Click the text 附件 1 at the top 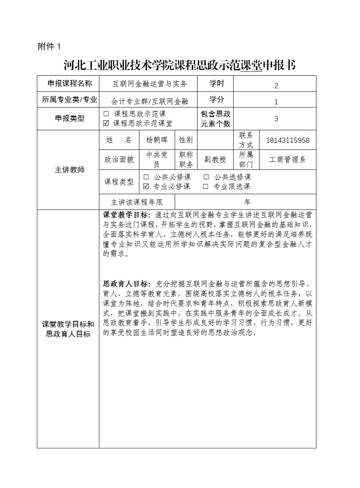49,47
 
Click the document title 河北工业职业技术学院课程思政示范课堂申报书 179,65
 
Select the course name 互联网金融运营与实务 150,84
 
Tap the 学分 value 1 276,102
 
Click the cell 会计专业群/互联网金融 150,101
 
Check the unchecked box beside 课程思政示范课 106,114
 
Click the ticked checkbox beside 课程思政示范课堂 106,123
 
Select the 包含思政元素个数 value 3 276,118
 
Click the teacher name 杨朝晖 154,140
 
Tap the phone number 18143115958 287,140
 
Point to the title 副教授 215,160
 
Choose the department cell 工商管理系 287,160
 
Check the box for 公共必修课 146,177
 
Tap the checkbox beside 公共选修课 206,177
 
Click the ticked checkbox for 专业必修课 146,187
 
